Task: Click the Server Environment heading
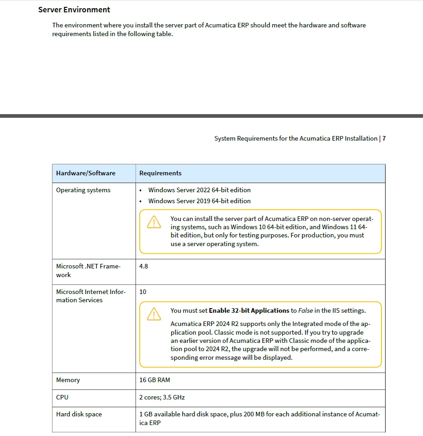tap(74, 10)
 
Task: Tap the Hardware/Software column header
tap(86, 173)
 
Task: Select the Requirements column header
tap(160, 173)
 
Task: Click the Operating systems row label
tap(83, 190)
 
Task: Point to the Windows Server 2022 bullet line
tap(199, 190)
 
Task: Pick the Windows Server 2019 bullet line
tap(199, 201)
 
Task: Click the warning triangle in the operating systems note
tap(154, 222)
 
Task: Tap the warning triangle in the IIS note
tap(154, 314)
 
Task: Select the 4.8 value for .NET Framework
tap(144, 266)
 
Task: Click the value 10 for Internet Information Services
tap(143, 292)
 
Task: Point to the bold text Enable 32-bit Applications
tap(249, 311)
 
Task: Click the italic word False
tap(306, 311)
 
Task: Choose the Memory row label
tap(68, 380)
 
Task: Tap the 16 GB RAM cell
tap(155, 380)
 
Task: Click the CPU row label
tap(63, 398)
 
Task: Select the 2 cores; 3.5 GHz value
tap(162, 398)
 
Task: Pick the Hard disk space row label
tap(79, 415)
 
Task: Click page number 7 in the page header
tap(384, 139)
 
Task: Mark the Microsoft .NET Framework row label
tap(88, 271)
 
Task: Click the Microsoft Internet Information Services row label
tap(90, 296)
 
